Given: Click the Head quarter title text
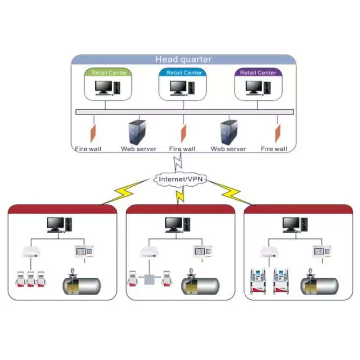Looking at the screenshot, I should (x=183, y=59).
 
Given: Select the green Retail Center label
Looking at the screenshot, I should (x=109, y=72).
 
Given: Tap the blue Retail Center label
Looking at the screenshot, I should (x=184, y=72).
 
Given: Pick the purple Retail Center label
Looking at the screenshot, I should (x=258, y=72).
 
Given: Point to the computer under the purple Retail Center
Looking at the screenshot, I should (x=257, y=87).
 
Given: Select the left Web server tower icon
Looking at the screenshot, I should (x=137, y=132).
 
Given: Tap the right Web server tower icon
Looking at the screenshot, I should (x=228, y=132).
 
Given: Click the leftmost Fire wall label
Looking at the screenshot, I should (x=88, y=149).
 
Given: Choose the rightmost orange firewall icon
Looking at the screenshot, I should (x=278, y=133).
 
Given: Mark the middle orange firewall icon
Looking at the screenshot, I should (x=184, y=133).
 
